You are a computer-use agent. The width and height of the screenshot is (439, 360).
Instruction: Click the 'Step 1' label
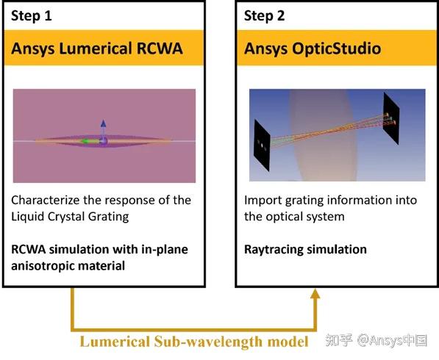[32, 15]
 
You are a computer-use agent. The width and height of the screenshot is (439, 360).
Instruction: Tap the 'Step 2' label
[264, 15]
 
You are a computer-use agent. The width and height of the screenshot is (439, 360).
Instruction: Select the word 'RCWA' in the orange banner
[160, 48]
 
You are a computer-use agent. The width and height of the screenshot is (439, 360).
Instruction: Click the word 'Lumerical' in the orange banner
[96, 48]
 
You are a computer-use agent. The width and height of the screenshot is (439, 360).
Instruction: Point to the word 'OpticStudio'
[337, 48]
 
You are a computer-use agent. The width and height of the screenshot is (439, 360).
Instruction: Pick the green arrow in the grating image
[90, 142]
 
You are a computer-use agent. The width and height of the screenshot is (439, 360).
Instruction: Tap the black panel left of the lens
[262, 145]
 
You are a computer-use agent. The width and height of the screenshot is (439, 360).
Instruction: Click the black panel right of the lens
[391, 118]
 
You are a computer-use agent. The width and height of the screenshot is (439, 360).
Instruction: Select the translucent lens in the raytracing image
[324, 135]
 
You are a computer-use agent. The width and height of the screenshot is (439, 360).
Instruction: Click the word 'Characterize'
[46, 201]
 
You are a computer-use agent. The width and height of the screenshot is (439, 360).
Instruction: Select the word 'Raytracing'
[273, 250]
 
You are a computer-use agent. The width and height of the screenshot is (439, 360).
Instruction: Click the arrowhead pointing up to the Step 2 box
[315, 294]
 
